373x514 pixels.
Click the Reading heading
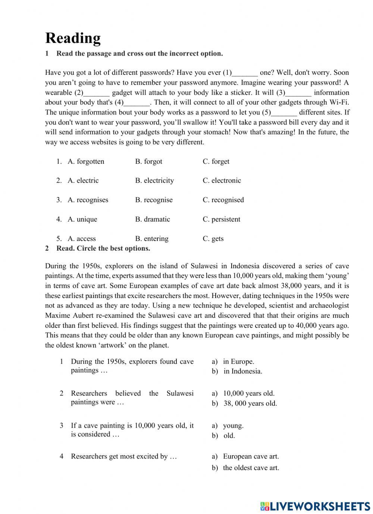(x=73, y=38)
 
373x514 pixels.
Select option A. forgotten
(x=86, y=161)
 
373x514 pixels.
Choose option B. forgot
(x=148, y=161)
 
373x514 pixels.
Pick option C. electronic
(x=222, y=180)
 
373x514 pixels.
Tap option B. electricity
(x=154, y=180)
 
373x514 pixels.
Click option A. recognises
(x=88, y=200)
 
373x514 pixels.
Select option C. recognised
(x=223, y=200)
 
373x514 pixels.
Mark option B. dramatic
(x=152, y=219)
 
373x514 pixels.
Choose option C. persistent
(x=221, y=219)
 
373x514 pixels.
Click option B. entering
(x=151, y=238)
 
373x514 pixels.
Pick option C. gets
(x=213, y=238)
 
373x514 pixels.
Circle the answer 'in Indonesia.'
(x=242, y=371)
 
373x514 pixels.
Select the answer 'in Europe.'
(x=238, y=361)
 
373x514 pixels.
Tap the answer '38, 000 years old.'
(x=250, y=403)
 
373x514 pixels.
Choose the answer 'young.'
(x=233, y=425)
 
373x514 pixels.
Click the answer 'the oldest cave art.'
(x=251, y=467)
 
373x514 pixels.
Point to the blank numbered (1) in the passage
(x=245, y=73)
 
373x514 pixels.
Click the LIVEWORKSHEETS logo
(x=315, y=506)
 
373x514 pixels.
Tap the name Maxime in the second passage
(x=57, y=315)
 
